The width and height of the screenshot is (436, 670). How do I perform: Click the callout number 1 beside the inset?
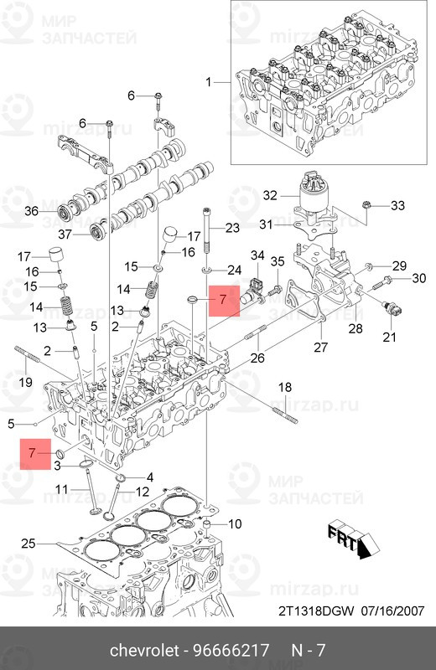pos(210,82)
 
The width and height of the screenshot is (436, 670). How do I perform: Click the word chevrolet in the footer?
pos(148,651)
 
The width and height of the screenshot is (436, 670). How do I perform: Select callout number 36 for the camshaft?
pos(31,211)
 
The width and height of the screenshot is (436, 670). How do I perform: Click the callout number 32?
pos(269,195)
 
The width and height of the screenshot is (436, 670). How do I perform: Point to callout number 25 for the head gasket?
pos(28,544)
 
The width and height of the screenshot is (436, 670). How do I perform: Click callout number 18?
pos(284,386)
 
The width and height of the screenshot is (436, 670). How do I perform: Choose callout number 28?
pos(356,327)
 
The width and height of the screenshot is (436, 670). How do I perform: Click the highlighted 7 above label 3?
pos(31,453)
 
